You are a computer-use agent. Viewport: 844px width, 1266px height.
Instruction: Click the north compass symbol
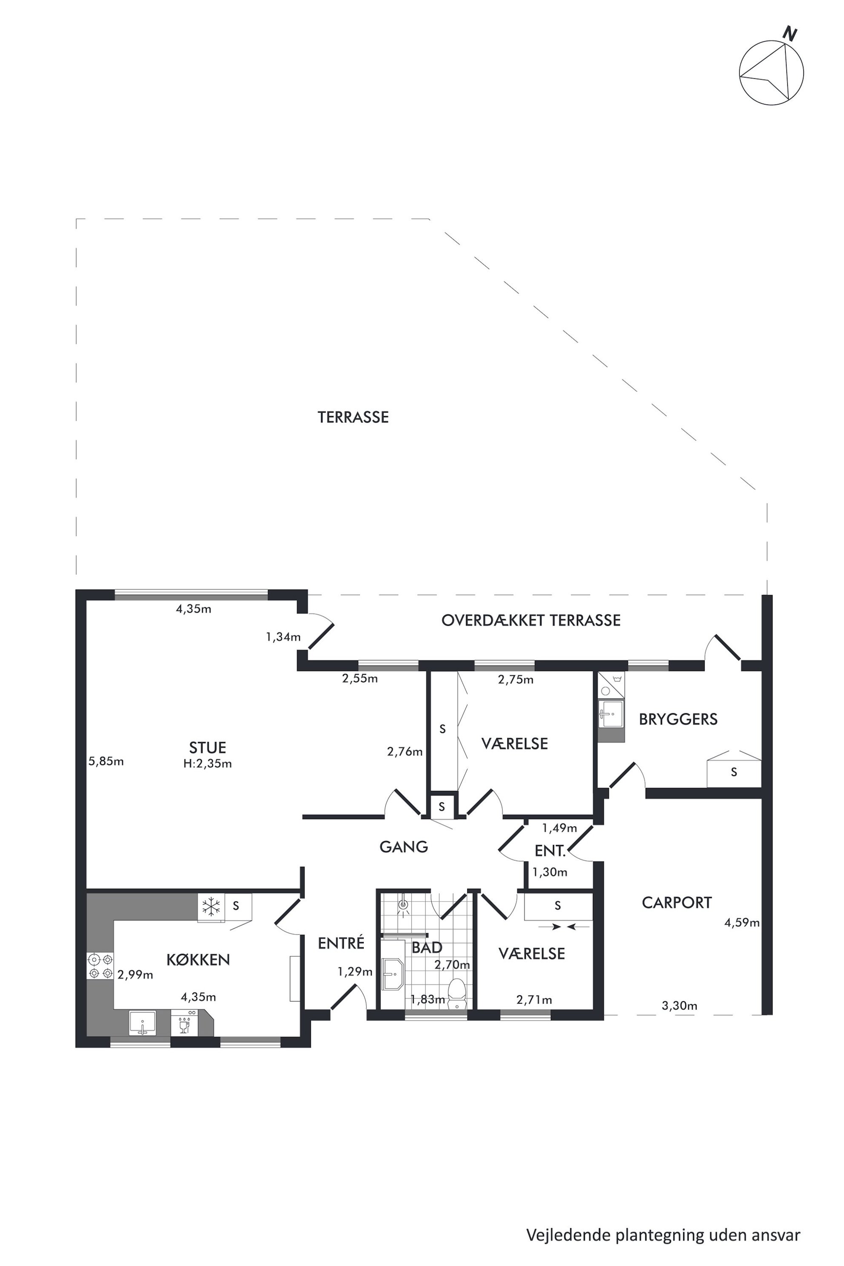pyautogui.click(x=771, y=71)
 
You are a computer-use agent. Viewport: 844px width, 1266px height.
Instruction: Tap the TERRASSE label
pyautogui.click(x=353, y=417)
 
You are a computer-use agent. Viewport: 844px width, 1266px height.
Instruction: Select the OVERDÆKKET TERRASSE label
pyautogui.click(x=531, y=620)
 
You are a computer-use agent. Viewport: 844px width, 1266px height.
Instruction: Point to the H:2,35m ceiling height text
pyautogui.click(x=207, y=763)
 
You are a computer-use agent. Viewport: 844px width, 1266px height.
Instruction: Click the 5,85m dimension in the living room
pyautogui.click(x=106, y=761)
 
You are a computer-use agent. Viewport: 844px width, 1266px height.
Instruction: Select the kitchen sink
pyautogui.click(x=143, y=1022)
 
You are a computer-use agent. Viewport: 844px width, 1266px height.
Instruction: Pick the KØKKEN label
pyautogui.click(x=198, y=959)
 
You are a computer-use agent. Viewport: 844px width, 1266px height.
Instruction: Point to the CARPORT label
pyautogui.click(x=676, y=903)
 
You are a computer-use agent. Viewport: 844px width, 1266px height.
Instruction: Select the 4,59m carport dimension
pyautogui.click(x=742, y=923)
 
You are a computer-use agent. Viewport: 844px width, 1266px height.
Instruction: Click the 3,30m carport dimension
pyautogui.click(x=679, y=1006)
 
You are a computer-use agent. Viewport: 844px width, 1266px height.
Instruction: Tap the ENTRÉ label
pyautogui.click(x=341, y=943)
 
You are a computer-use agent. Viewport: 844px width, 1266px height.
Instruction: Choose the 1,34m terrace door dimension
pyautogui.click(x=283, y=637)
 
